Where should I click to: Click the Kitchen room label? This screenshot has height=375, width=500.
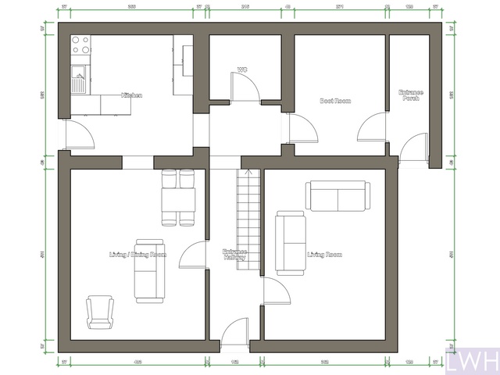pos(130,95)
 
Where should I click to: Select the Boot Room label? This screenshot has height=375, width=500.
pos(336,101)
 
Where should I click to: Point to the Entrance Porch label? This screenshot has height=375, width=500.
pos(411,95)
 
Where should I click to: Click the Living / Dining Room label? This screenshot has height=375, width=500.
pos(137,255)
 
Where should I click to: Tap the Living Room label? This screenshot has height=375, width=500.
pos(324,255)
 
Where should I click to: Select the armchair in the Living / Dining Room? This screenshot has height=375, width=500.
pos(99,312)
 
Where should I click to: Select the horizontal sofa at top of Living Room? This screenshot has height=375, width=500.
pos(337,196)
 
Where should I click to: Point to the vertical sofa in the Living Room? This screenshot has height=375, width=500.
pos(291,242)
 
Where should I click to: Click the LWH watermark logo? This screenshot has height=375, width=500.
pos(472,362)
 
